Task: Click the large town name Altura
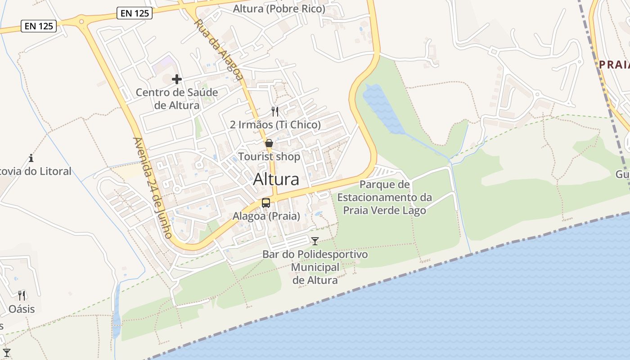click(x=276, y=179)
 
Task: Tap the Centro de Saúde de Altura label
click(x=177, y=99)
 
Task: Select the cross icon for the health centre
click(x=177, y=79)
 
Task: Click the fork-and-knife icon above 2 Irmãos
click(x=275, y=112)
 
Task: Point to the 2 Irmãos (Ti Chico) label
click(x=275, y=125)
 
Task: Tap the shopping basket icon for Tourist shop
click(x=269, y=144)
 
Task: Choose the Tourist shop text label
click(x=269, y=157)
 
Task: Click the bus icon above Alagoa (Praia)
click(x=266, y=203)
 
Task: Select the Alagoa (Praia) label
click(x=266, y=216)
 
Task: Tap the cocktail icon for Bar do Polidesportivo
click(x=315, y=241)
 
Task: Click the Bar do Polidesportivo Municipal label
click(x=315, y=267)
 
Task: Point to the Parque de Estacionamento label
click(x=385, y=198)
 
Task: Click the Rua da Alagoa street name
click(x=219, y=50)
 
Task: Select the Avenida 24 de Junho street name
click(x=153, y=188)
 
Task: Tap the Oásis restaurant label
click(x=22, y=309)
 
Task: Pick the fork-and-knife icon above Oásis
click(x=22, y=296)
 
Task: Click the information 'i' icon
click(x=31, y=158)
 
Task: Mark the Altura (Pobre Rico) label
click(x=279, y=9)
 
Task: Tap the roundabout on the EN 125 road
click(x=81, y=20)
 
